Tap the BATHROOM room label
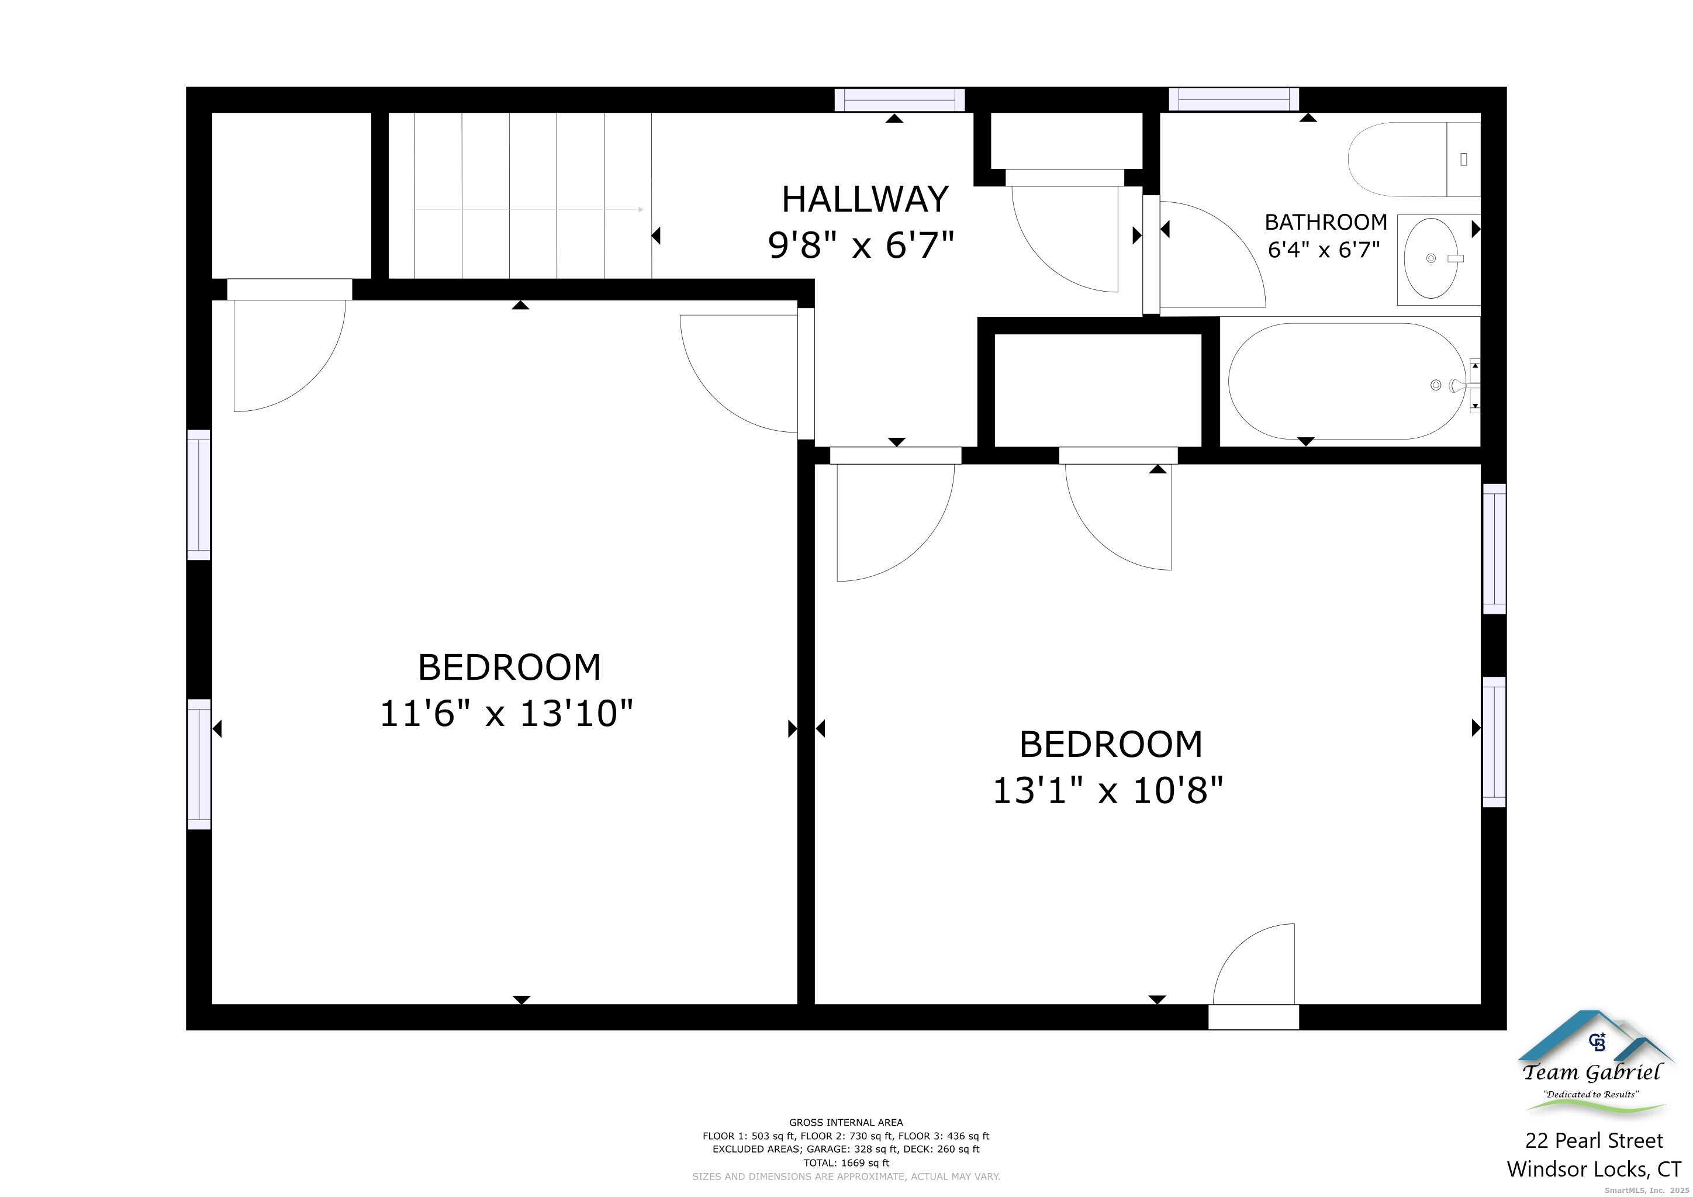[1326, 222]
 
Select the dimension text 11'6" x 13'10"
[507, 714]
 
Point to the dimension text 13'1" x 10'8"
[1108, 790]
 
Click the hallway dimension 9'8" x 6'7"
[861, 245]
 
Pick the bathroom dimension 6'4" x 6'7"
[1324, 250]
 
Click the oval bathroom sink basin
[1431, 258]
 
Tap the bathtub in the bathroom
[1347, 381]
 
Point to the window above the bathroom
[1234, 99]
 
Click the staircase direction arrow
[528, 209]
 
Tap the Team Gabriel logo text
[1592, 1073]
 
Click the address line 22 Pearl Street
[1594, 1141]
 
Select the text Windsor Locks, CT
[1594, 1169]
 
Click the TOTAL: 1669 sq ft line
[847, 1163]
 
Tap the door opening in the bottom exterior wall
[1253, 1017]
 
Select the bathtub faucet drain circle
[1436, 385]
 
